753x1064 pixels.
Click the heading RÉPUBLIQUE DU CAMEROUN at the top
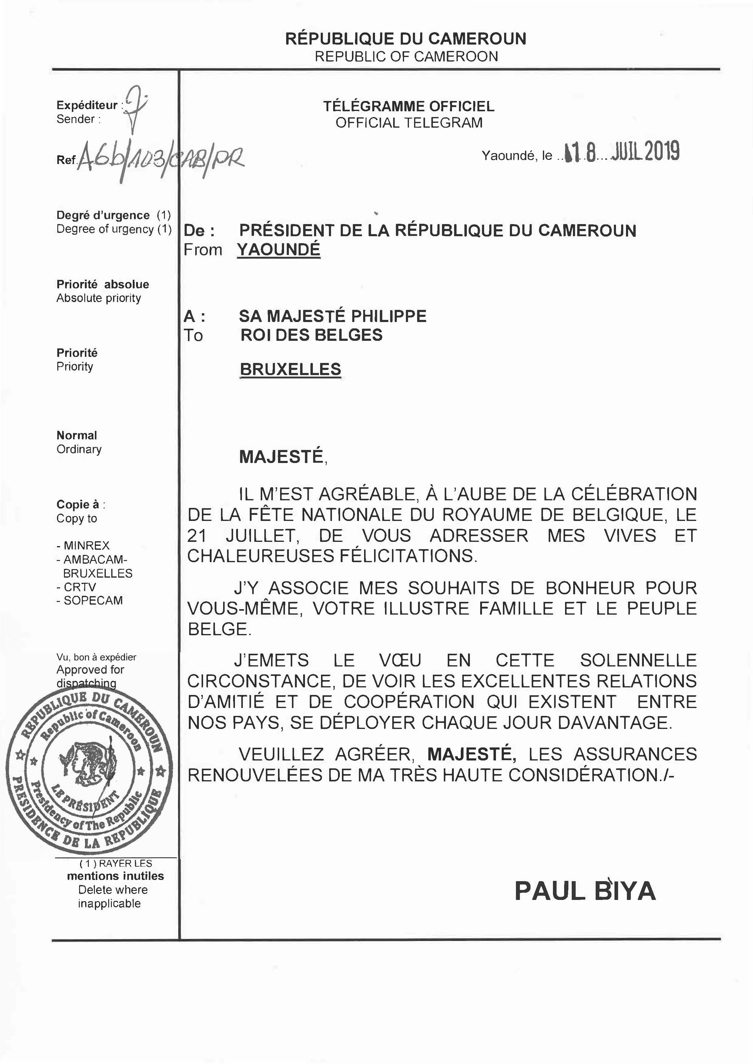[406, 39]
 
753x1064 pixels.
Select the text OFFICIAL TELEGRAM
[409, 123]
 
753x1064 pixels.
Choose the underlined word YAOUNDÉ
[279, 250]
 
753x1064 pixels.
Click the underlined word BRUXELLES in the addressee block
[290, 369]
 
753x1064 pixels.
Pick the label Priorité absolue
[102, 284]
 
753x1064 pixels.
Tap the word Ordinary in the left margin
[79, 449]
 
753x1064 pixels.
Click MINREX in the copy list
[86, 545]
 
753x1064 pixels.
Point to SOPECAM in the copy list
[93, 601]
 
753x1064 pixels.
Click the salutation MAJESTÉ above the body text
[281, 457]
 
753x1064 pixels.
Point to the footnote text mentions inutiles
[115, 876]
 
